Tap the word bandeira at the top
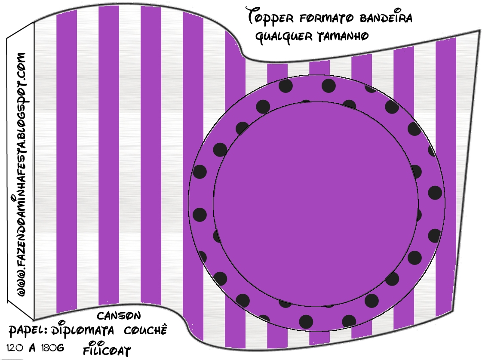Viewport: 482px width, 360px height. point(385,18)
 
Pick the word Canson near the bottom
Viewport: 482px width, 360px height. point(119,316)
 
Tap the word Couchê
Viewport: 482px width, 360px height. point(145,331)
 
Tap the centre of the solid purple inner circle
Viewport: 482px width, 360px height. point(316,204)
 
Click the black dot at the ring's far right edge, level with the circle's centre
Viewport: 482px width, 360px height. point(435,193)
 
